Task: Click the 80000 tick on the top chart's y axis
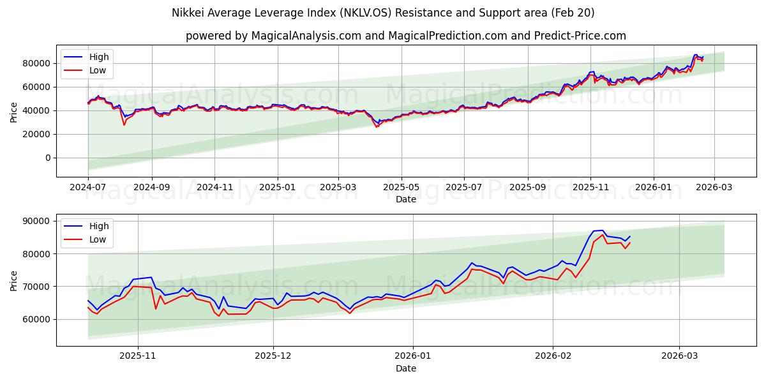[37, 63]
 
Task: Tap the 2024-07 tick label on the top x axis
[88, 188]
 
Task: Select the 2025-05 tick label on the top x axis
[402, 188]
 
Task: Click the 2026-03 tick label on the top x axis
[714, 188]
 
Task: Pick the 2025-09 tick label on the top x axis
[527, 188]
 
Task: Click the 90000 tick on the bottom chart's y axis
[37, 221]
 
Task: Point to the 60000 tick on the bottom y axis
[37, 319]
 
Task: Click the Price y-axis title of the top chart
[14, 112]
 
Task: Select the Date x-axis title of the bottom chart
[406, 368]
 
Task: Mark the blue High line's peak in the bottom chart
[602, 230]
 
